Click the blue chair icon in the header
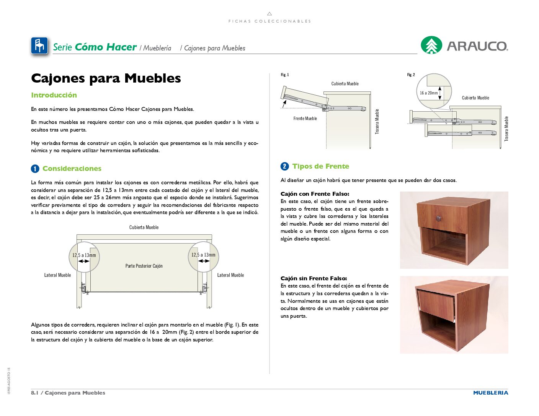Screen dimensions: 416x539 point(39,46)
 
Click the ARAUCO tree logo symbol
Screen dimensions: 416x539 point(431,45)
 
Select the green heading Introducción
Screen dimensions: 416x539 point(54,95)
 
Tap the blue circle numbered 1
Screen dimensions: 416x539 point(35,169)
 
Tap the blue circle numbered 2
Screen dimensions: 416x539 point(284,166)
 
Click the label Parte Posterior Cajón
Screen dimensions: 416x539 point(144,266)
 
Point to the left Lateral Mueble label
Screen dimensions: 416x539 point(57,275)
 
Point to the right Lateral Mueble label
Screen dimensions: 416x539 point(230,275)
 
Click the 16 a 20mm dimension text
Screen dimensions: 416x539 point(428,93)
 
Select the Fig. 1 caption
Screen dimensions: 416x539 point(285,75)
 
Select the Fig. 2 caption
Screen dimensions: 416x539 point(411,75)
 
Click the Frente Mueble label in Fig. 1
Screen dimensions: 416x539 point(305,119)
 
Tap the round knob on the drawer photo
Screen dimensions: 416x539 point(439,218)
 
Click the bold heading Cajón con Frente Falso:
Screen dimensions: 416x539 point(315,194)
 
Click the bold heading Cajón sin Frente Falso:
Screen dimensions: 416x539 point(314,278)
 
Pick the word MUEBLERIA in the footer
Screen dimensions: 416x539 point(490,393)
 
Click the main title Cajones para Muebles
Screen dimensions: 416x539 point(106,78)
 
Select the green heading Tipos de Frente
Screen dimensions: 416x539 point(320,166)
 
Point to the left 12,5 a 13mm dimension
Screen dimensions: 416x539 point(84,255)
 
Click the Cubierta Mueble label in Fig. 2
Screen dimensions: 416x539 point(475,98)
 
